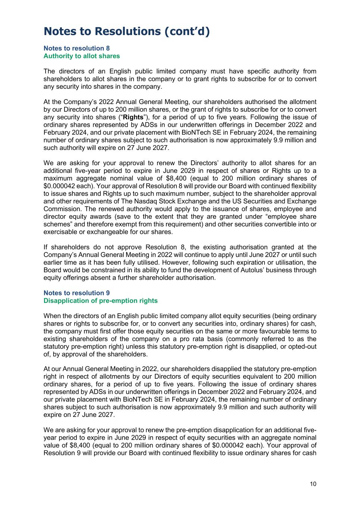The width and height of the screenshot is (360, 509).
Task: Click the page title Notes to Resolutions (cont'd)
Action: [126, 31]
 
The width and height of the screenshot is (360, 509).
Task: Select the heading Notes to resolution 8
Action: [76, 48]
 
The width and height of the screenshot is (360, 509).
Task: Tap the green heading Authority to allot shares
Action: [82, 56]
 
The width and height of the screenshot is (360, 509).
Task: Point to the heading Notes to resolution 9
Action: [76, 293]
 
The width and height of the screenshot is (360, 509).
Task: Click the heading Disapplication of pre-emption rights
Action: [100, 301]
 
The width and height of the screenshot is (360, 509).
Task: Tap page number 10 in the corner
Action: [313, 484]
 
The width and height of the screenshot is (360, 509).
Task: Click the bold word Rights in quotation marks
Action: [133, 117]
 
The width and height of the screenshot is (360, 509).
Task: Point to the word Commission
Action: [60, 209]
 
